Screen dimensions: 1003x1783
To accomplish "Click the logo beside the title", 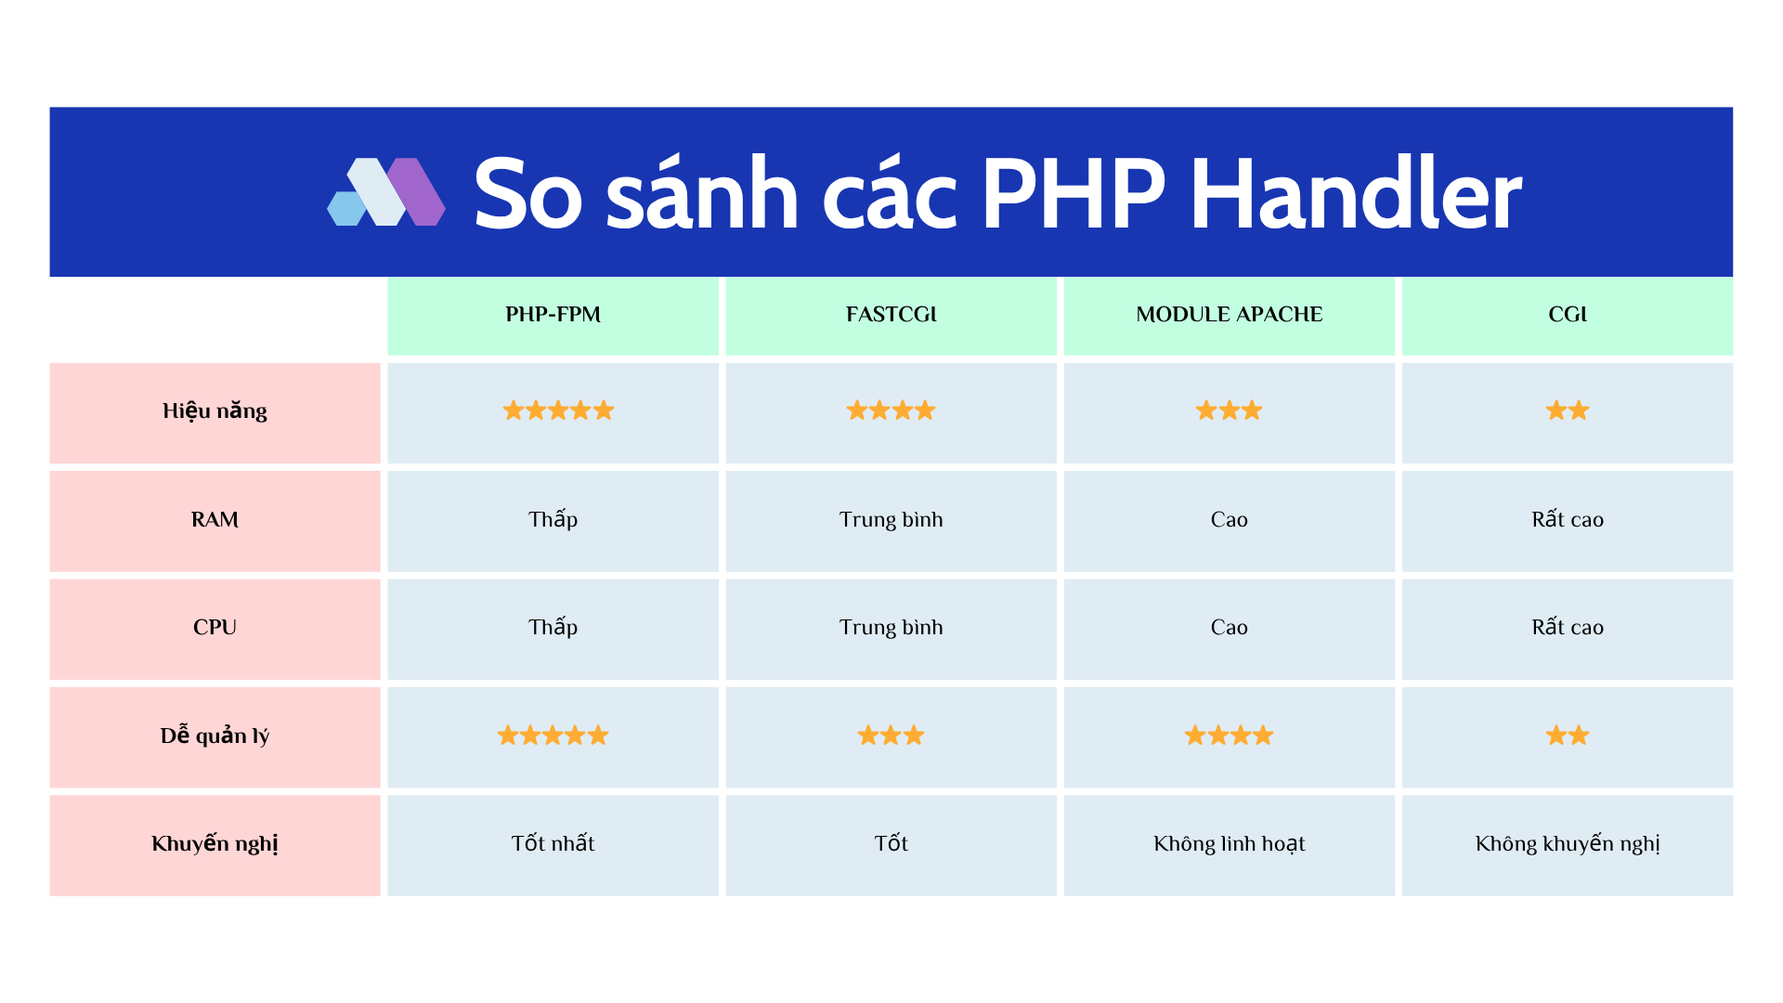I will pyautogui.click(x=386, y=192).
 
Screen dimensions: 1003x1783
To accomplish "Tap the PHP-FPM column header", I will pyautogui.click(x=553, y=315).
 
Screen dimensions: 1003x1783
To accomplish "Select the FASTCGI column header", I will pyautogui.click(x=891, y=315).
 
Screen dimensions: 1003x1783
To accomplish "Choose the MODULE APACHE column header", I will pyautogui.click(x=1229, y=315).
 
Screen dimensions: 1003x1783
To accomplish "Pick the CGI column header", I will pyautogui.click(x=1567, y=315).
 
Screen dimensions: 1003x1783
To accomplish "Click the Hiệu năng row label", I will pyautogui.click(x=215, y=411).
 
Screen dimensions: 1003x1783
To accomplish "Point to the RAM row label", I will pyautogui.click(x=215, y=520).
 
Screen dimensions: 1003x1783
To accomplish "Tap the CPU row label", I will pyautogui.click(x=215, y=628).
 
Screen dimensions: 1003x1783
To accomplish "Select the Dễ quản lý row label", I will pyautogui.click(x=215, y=736).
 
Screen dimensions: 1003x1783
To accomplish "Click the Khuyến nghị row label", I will pyautogui.click(x=215, y=844).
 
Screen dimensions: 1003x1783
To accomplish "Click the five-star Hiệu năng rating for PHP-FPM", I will pyautogui.click(x=558, y=410).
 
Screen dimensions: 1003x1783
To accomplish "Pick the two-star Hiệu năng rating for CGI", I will pyautogui.click(x=1567, y=410).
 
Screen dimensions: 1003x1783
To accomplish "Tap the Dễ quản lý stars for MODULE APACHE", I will pyautogui.click(x=1229, y=736).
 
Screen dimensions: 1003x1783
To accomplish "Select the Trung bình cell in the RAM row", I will pyautogui.click(x=891, y=520).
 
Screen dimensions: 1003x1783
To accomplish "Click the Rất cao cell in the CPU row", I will pyautogui.click(x=1567, y=628).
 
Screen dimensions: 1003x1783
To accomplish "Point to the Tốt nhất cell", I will pyautogui.click(x=553, y=844).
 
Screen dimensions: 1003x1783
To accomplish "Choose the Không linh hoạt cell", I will pyautogui.click(x=1229, y=844).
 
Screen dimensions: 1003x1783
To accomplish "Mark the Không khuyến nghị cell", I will pyautogui.click(x=1567, y=844).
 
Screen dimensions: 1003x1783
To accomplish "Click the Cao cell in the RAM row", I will pyautogui.click(x=1229, y=520).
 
